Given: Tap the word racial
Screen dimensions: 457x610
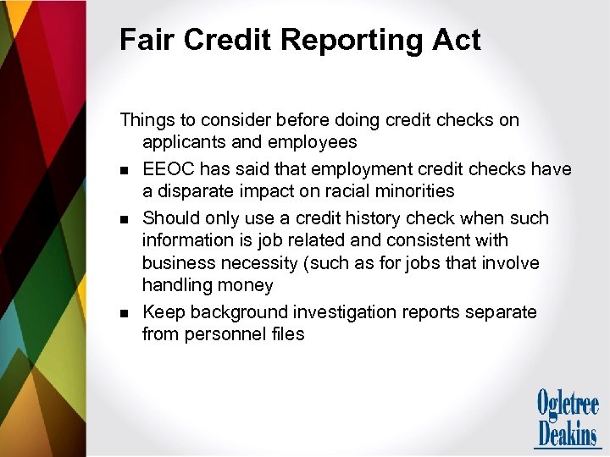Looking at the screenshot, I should (344, 191).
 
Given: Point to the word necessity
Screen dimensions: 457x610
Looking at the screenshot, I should (255, 263).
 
